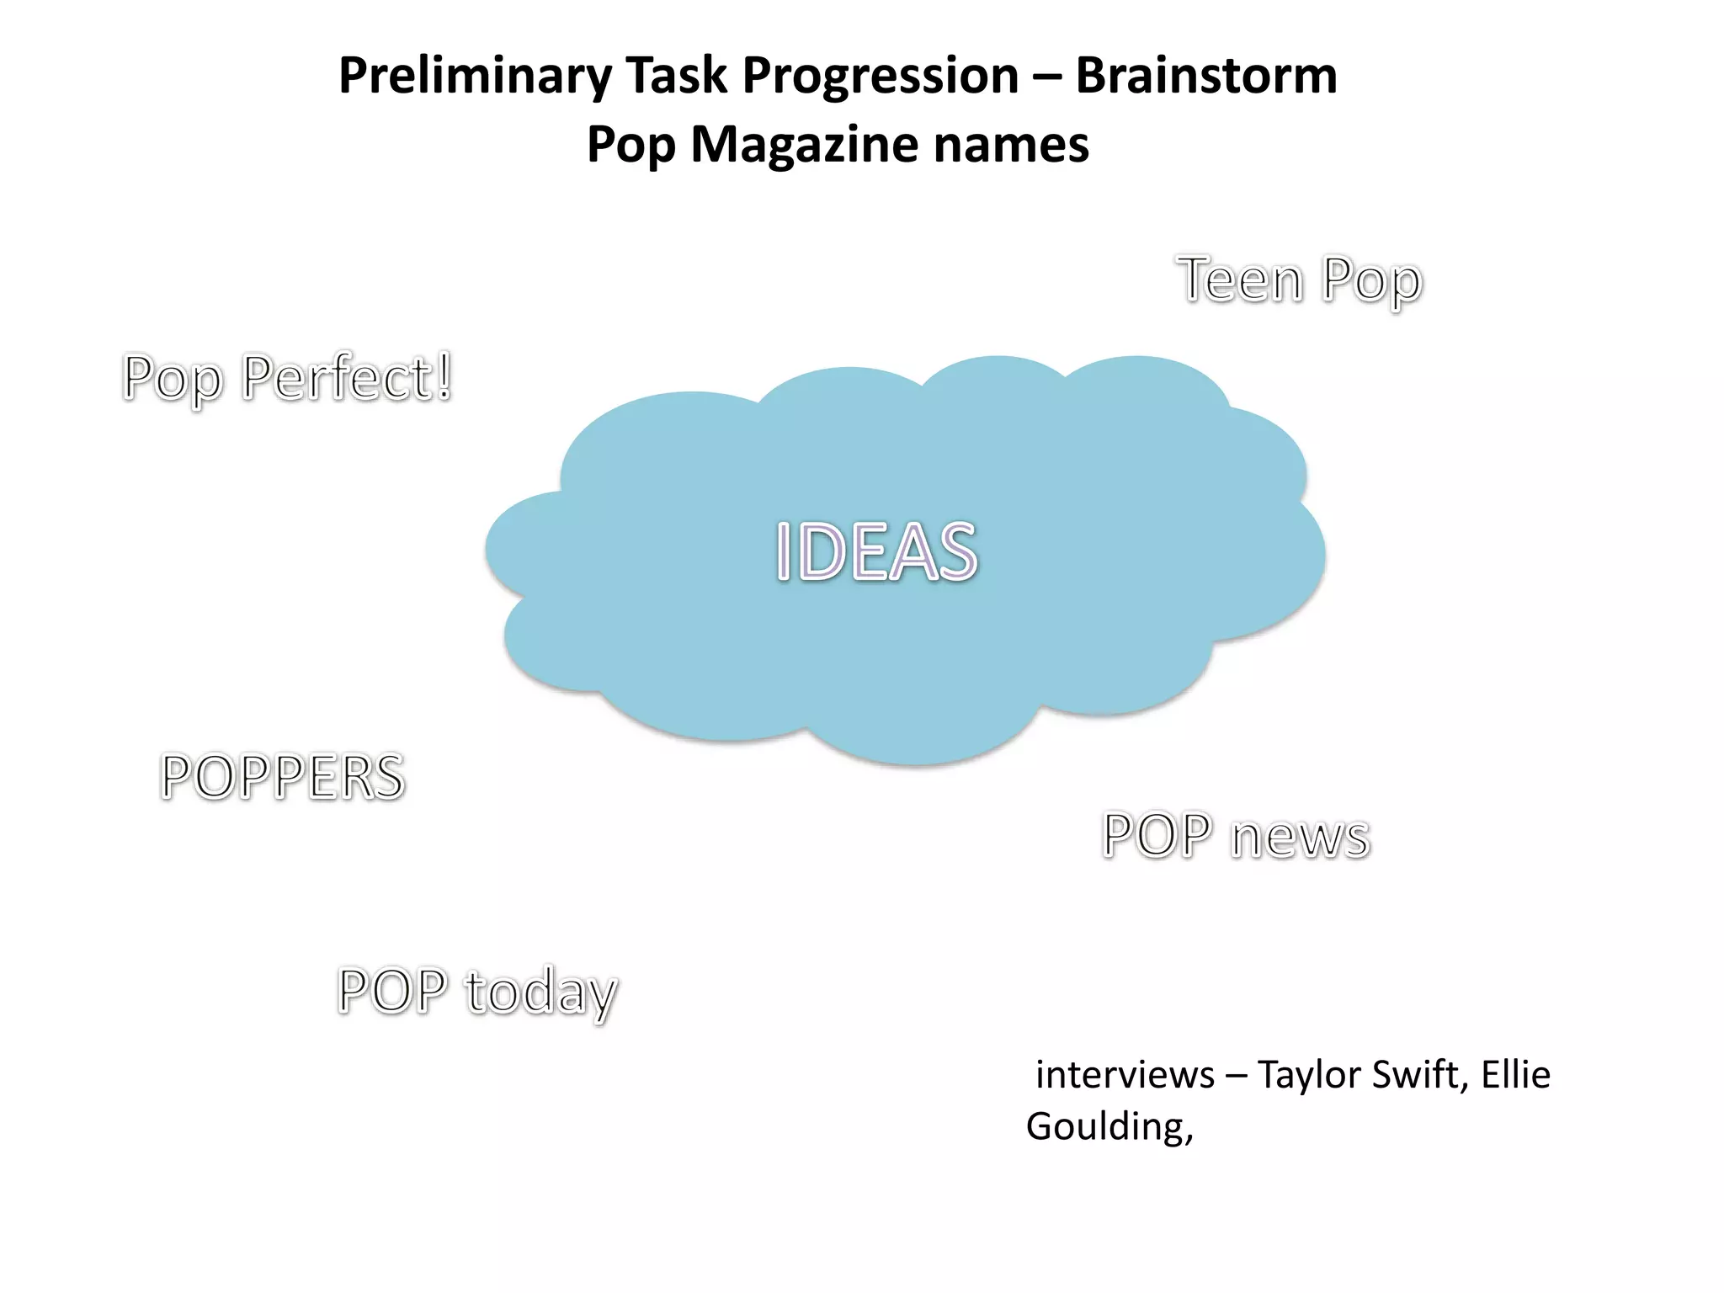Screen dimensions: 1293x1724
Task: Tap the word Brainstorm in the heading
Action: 1205,76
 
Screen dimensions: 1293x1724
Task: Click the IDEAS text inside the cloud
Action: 876,552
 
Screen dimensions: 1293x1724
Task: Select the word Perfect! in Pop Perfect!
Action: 347,378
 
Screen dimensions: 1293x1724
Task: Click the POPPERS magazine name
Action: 283,776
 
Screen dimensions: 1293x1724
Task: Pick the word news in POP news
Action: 1300,837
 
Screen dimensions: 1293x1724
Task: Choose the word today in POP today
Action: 540,992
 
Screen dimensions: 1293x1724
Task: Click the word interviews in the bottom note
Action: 1125,1075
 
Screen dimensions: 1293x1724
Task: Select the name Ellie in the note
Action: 1515,1075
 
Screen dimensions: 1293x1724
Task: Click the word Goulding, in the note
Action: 1109,1127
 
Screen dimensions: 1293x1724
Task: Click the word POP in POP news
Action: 1157,835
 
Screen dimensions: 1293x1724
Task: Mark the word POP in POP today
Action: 392,990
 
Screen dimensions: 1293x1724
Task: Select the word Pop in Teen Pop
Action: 1371,281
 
